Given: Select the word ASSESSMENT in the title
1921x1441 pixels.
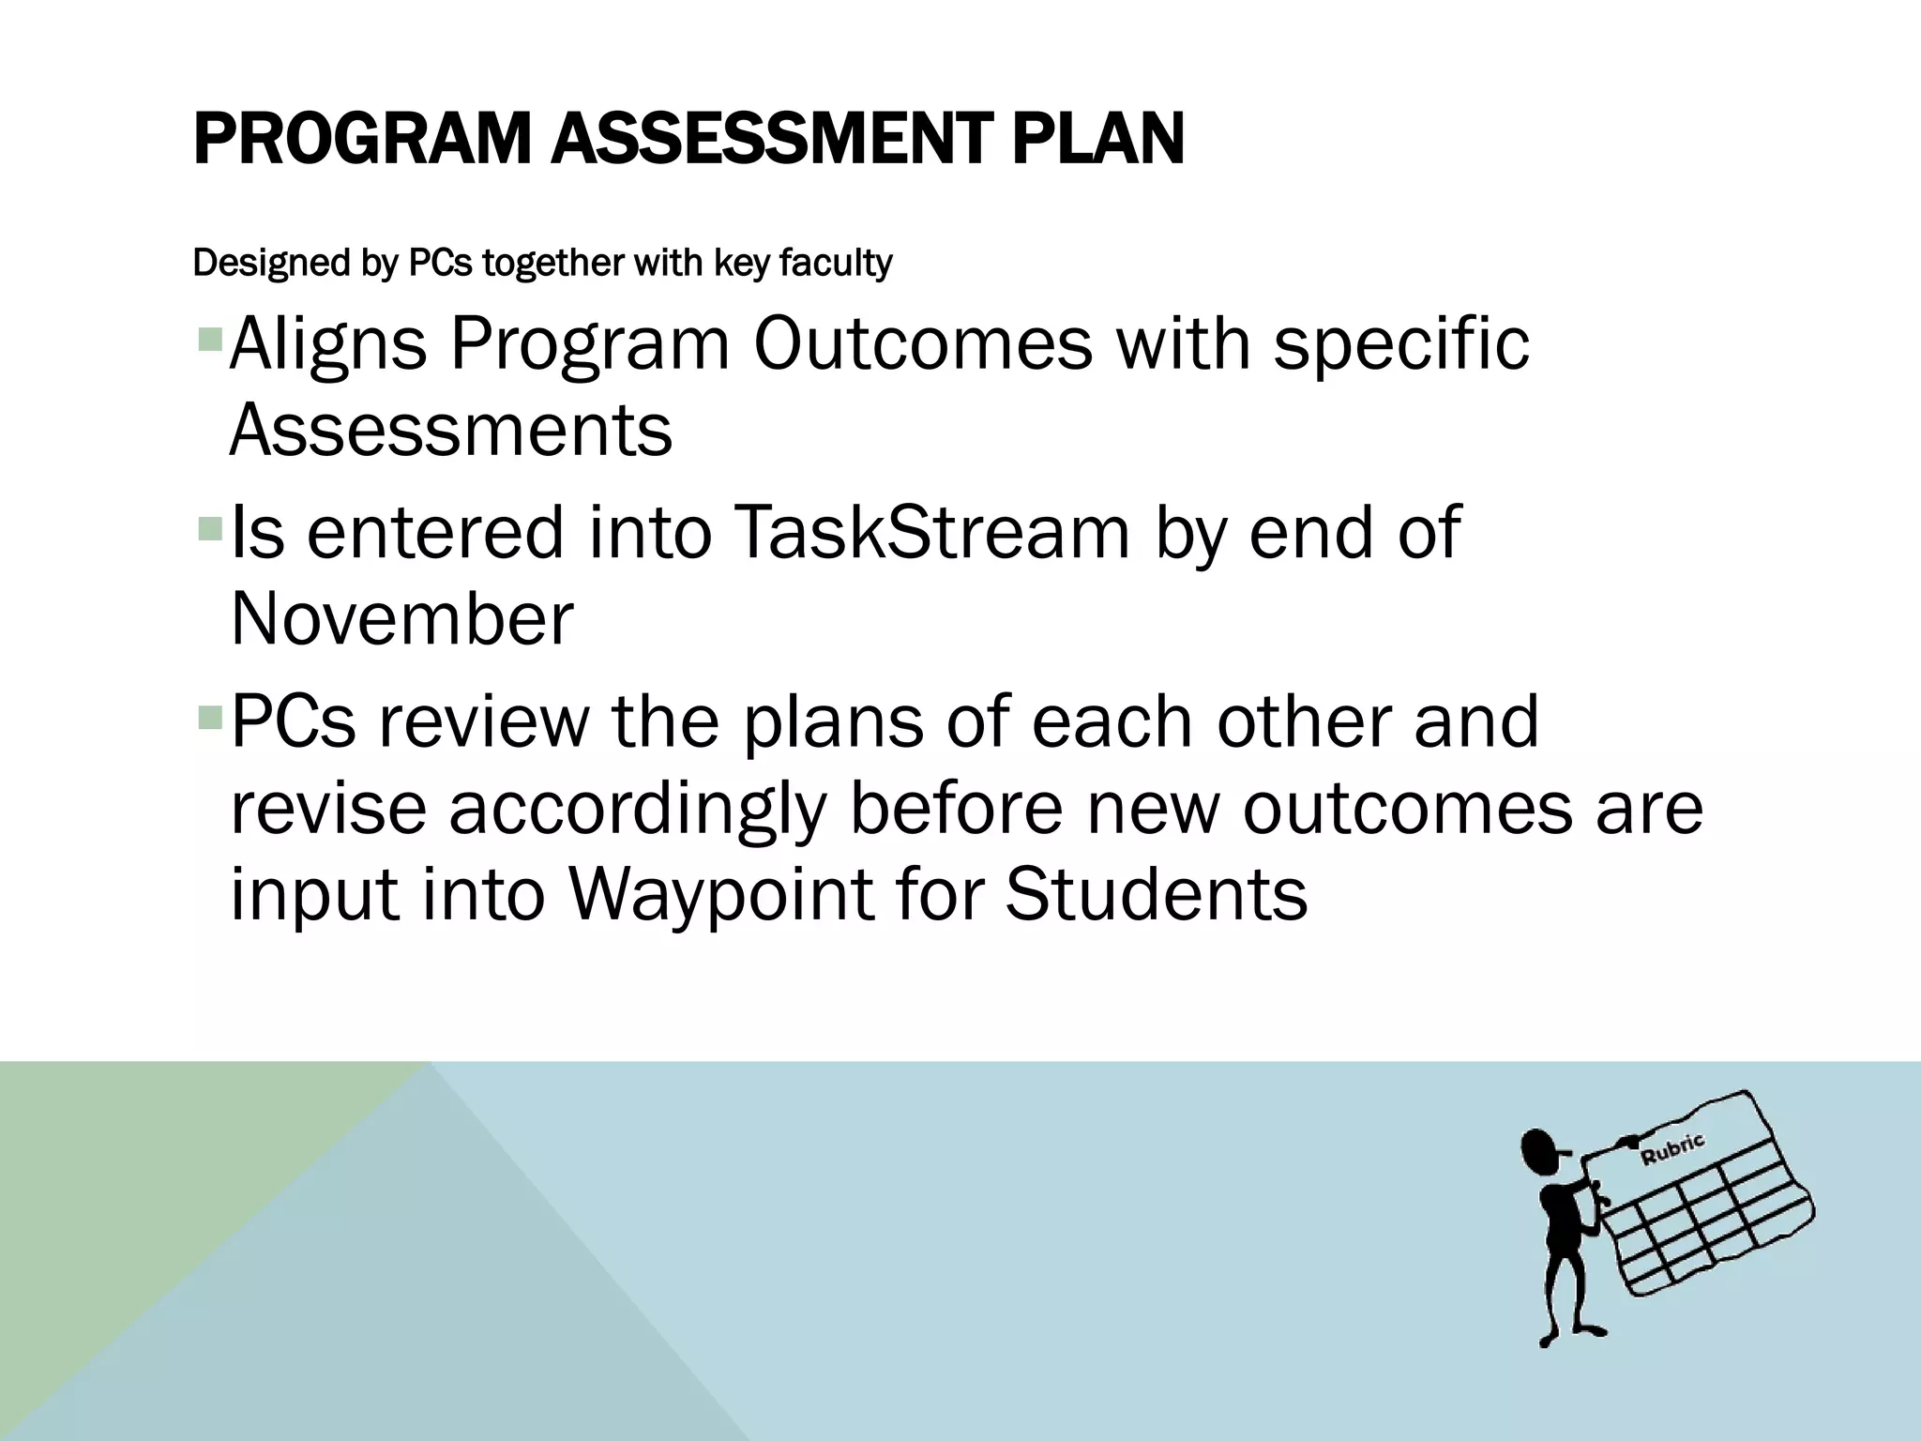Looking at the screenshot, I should coord(768,140).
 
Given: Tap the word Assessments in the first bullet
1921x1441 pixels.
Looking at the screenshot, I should coord(451,431).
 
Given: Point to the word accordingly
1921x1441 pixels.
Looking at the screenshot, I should coord(638,808).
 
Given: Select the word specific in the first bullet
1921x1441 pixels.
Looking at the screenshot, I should coord(1401,345).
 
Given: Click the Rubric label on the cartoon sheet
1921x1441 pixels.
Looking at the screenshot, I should coord(1672,1149).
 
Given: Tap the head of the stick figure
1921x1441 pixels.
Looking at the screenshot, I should coord(1538,1151).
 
